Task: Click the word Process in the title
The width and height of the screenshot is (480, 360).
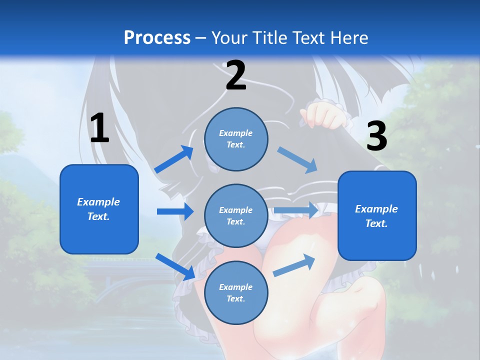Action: (x=157, y=38)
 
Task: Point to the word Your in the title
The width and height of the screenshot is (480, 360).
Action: (x=229, y=38)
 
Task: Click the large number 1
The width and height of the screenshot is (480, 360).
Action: (x=99, y=128)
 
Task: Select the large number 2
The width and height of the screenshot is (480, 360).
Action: (x=236, y=75)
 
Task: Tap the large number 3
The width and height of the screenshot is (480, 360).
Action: (x=376, y=136)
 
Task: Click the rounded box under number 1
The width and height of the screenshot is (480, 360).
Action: (x=99, y=209)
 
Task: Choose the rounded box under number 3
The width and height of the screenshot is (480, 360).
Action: (x=377, y=215)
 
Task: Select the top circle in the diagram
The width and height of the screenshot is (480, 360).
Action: (x=236, y=139)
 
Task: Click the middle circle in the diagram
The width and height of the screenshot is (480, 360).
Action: (x=236, y=215)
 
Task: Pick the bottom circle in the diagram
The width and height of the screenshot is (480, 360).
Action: (x=236, y=292)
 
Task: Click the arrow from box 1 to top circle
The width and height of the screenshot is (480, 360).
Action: (x=174, y=159)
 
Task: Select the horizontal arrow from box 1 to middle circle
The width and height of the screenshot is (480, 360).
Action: (x=175, y=211)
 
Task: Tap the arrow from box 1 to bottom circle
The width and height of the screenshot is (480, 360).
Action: (x=175, y=266)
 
